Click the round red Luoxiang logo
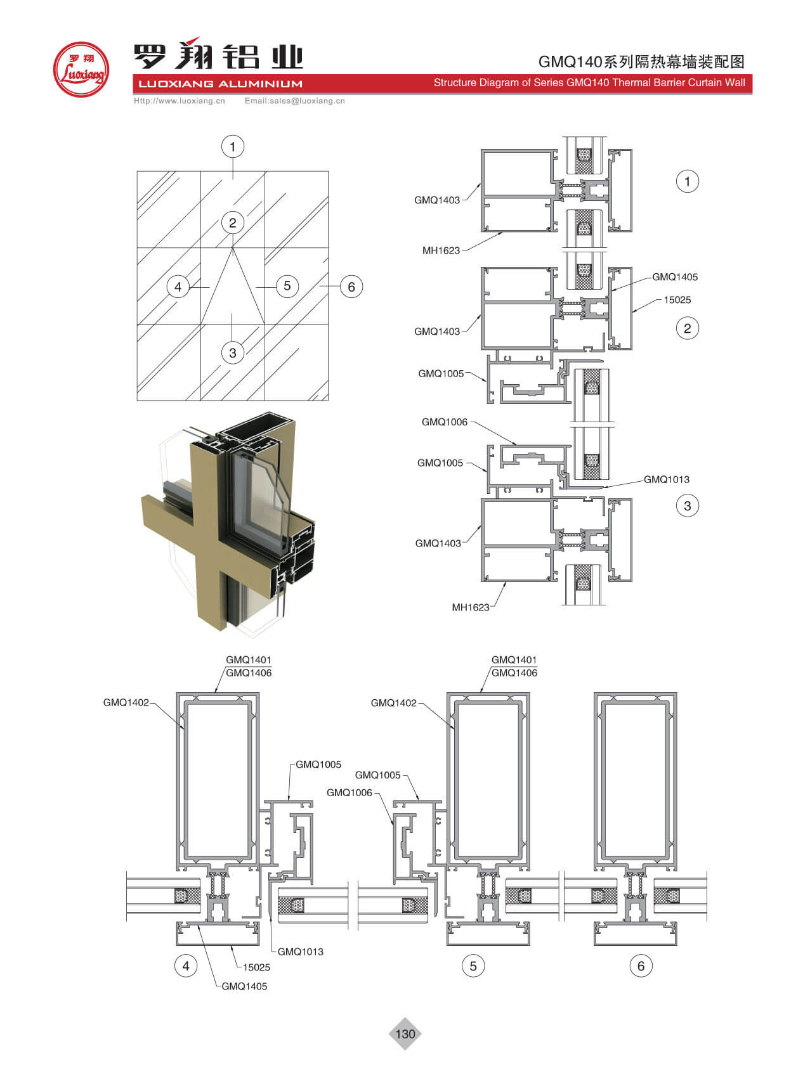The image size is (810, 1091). [x=81, y=70]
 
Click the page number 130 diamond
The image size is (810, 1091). [x=405, y=1034]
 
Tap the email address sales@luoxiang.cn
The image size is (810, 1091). [x=295, y=101]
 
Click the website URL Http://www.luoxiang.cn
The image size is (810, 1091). [x=180, y=101]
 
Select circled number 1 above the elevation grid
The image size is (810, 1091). [x=233, y=147]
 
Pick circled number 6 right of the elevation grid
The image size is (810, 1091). [x=351, y=287]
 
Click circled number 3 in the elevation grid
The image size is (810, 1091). [x=233, y=352]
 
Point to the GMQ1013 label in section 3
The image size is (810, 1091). [x=666, y=480]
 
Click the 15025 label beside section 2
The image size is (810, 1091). [x=677, y=300]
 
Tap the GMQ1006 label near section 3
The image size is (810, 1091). [x=444, y=422]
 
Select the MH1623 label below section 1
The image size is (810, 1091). [x=441, y=250]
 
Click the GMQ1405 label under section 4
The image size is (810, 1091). [x=244, y=986]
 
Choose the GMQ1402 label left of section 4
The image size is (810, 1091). [x=126, y=702]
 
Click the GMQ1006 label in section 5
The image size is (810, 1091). [x=349, y=793]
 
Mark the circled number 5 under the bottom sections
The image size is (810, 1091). [x=473, y=966]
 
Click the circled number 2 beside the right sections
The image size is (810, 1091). [x=687, y=328]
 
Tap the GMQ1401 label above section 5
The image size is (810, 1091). [x=514, y=660]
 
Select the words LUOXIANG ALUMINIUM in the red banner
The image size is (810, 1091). [x=220, y=84]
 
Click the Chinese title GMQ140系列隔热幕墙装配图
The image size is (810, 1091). [x=641, y=61]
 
